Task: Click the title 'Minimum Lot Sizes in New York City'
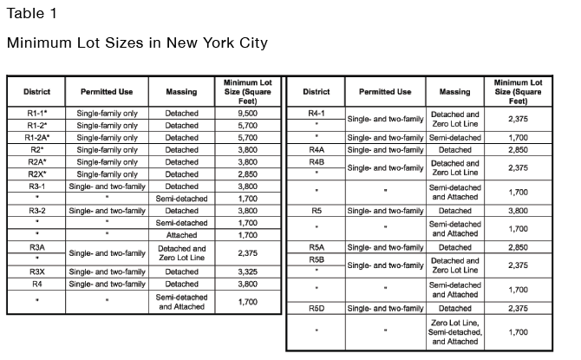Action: (x=137, y=43)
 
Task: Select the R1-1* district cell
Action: (x=37, y=113)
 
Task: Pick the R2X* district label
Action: (x=37, y=173)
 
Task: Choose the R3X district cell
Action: (x=37, y=272)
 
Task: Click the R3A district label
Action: (x=37, y=247)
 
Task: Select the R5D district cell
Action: (x=317, y=308)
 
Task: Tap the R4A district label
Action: (x=317, y=149)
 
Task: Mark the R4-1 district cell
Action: (x=317, y=114)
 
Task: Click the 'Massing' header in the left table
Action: (x=181, y=91)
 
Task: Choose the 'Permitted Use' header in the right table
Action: (x=385, y=91)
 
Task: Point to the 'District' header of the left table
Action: (x=37, y=91)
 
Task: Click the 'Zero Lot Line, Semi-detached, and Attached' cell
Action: (x=455, y=331)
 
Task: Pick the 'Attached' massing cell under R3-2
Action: (x=181, y=234)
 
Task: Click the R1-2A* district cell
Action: (x=37, y=137)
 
